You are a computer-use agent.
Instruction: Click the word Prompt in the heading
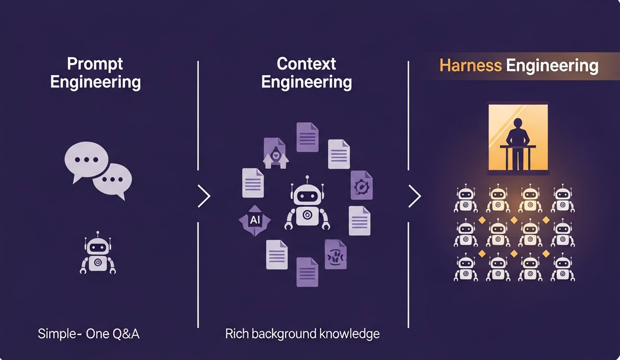tap(95, 64)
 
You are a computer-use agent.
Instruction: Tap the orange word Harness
tap(470, 65)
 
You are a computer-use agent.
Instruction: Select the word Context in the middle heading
tap(306, 64)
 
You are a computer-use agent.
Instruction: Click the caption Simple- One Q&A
tap(88, 334)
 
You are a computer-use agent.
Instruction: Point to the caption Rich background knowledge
tap(302, 334)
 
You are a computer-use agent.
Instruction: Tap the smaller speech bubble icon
tap(113, 180)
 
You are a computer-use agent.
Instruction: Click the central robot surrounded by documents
tap(307, 205)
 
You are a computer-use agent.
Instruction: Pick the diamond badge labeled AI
tap(255, 220)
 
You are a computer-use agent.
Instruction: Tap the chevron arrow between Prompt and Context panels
tap(204, 196)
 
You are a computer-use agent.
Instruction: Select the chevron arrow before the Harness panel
tap(414, 196)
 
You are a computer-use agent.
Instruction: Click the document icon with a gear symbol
tap(361, 185)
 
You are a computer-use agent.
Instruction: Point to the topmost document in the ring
tap(307, 137)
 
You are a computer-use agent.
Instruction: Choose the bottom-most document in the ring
tap(307, 272)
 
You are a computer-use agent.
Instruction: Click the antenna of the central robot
tap(307, 178)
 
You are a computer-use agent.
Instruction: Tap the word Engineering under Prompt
tap(95, 82)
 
